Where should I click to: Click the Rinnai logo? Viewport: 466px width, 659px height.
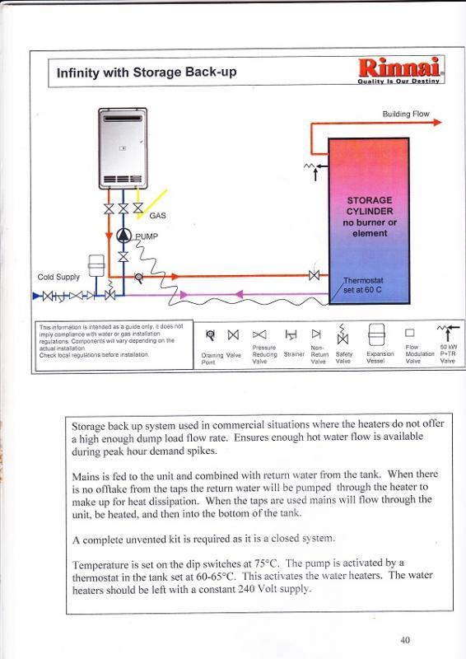[x=399, y=70]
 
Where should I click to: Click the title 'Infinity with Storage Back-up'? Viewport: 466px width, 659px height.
[x=147, y=72]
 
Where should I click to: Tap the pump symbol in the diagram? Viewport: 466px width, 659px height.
[x=123, y=236]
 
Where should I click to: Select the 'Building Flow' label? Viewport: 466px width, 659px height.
[x=406, y=114]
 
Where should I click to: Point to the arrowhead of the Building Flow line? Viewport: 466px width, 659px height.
[x=437, y=122]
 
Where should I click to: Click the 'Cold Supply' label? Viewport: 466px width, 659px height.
[x=58, y=277]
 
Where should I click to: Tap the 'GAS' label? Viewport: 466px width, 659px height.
[x=157, y=216]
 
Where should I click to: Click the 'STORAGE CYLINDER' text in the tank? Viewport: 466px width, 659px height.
[x=370, y=205]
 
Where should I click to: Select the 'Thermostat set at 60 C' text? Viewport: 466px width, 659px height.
[x=363, y=285]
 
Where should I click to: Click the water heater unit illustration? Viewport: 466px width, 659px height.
[x=123, y=148]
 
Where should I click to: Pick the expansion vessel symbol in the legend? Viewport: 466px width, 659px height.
[x=376, y=334]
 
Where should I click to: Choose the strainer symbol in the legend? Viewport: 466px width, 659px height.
[x=291, y=334]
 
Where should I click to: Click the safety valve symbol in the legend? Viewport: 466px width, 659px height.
[x=343, y=334]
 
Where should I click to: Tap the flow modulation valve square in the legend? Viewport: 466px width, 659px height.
[x=410, y=333]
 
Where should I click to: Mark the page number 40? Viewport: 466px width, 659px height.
[x=404, y=640]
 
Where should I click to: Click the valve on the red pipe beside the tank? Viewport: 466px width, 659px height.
[x=314, y=276]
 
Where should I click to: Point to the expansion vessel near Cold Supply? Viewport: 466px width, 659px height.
[x=96, y=265]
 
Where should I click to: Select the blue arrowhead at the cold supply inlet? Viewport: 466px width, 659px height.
[x=36, y=296]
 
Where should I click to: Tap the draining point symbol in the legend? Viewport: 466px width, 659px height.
[x=210, y=335]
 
